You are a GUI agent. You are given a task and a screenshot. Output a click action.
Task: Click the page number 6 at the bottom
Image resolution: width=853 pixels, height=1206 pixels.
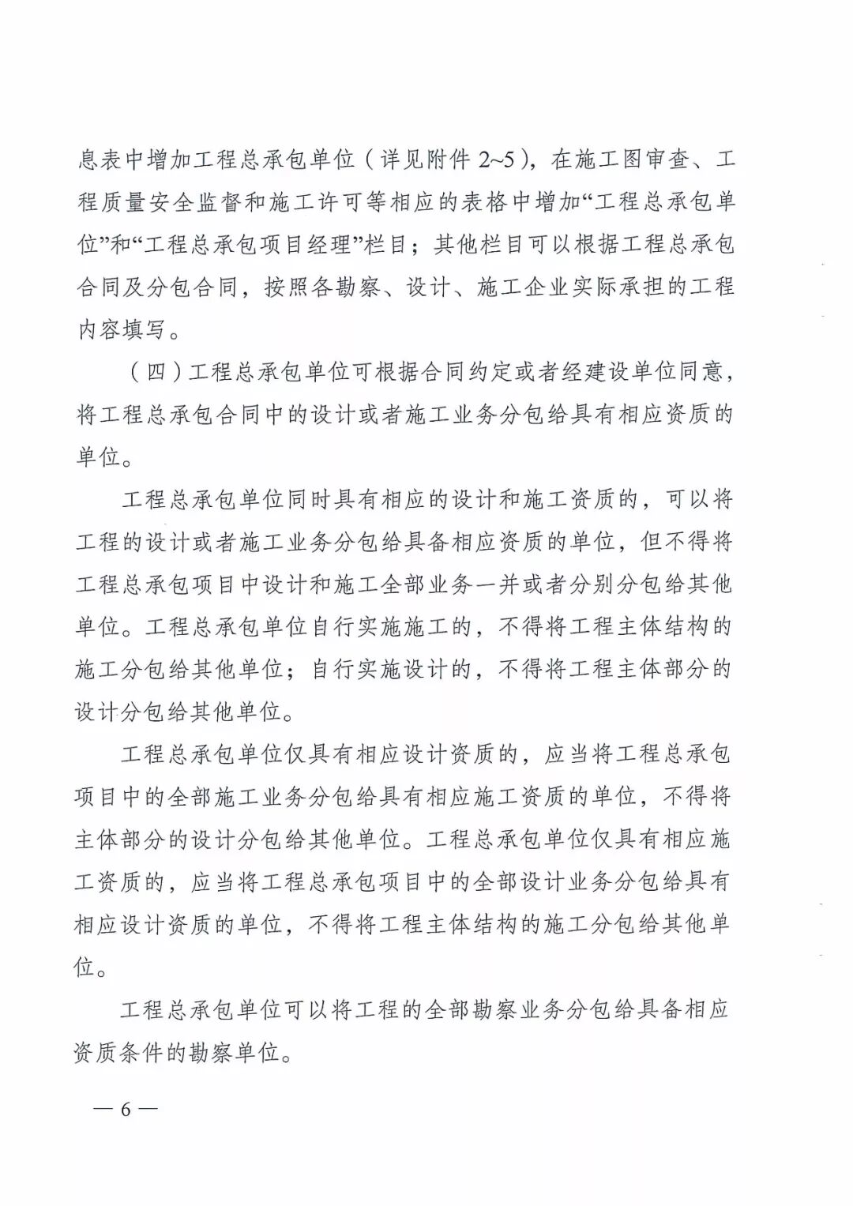pos(126,1108)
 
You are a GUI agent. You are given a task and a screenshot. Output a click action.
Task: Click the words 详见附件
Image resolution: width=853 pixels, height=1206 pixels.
pos(426,160)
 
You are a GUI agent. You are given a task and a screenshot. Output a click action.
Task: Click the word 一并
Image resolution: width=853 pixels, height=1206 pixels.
pos(495,584)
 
